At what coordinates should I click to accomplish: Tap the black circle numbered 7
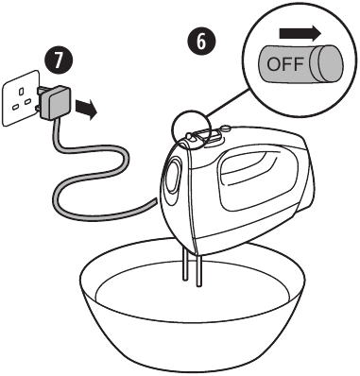coord(58,60)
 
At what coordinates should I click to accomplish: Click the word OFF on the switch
coord(285,64)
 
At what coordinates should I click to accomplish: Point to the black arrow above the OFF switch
coord(300,34)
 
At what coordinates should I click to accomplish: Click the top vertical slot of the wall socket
coord(21,92)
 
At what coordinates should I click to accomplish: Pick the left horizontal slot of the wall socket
coord(15,108)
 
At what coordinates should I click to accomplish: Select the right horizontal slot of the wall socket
coord(28,101)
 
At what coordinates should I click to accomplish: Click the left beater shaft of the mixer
coord(185,264)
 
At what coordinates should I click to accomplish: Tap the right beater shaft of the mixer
coord(198,271)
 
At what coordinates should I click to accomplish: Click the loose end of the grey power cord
coord(155,202)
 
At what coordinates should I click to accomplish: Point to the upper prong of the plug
coord(41,91)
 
